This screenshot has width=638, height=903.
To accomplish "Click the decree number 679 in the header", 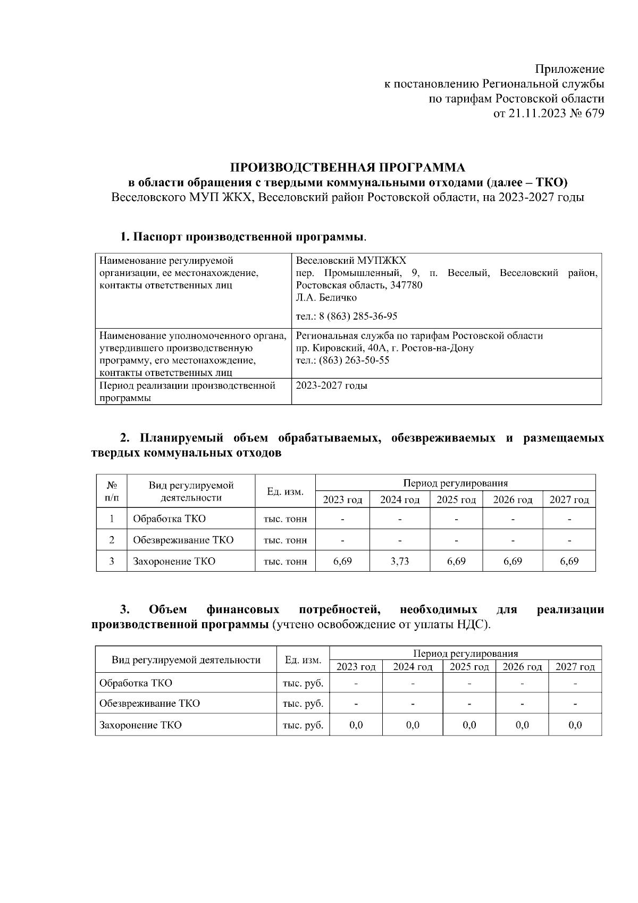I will coord(594,113).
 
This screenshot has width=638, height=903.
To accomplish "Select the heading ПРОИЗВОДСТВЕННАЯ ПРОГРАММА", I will coord(347,168).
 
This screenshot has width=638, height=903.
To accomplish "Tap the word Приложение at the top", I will coord(569,69).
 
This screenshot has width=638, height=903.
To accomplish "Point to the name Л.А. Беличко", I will coord(326,298).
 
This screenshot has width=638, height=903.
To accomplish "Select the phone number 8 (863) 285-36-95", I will coord(358,316).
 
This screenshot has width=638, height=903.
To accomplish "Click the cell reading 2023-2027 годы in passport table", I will coord(331,386).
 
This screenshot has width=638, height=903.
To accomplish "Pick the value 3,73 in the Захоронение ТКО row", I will coord(399,561).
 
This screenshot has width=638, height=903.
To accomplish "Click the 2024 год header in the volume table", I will coord(399,500).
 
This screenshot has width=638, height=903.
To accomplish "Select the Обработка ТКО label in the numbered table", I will coord(169,519).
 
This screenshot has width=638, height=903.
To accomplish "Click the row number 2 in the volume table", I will coord(112,540).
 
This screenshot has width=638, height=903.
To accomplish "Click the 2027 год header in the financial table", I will coord(575,667).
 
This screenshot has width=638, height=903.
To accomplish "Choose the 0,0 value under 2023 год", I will coord(356,725).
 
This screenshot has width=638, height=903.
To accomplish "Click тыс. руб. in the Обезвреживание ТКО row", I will coord(303,704).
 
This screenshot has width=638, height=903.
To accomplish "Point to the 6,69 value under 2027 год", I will coord(569,561).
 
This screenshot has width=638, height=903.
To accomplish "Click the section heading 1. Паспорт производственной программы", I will coord(243,236).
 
